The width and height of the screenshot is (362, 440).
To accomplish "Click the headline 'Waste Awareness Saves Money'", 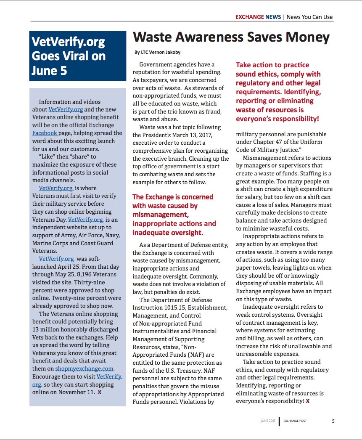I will (231, 37).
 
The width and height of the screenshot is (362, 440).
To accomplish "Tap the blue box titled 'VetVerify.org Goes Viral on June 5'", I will (78, 56).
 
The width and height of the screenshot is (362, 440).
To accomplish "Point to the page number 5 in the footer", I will (333, 421).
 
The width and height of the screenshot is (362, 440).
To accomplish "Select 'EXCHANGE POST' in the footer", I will (295, 421).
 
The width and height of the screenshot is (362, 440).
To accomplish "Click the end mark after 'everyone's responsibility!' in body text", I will (308, 401).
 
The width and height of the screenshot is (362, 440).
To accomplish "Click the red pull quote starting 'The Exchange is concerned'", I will (174, 215).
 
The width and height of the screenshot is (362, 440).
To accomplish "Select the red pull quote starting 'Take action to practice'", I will (278, 92).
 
